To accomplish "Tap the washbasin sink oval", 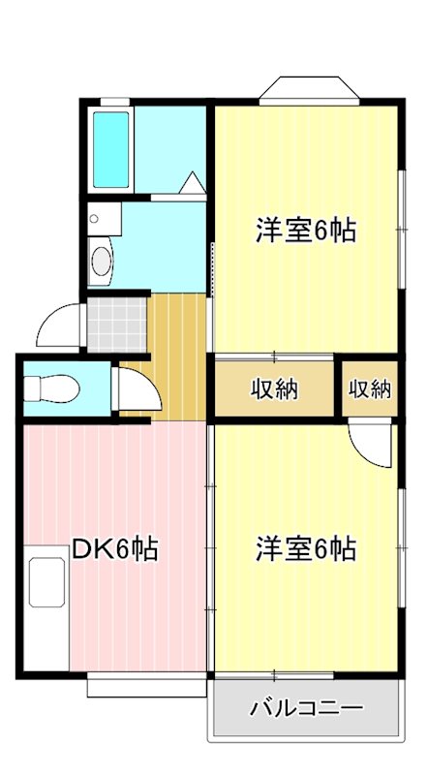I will tap(100, 261).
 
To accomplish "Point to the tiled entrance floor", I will tap(116, 325).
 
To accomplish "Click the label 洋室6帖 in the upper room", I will tap(306, 231).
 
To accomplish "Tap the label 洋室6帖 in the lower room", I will tap(306, 549).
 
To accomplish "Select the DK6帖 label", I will tap(115, 549).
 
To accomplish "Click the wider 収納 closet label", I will tap(275, 389).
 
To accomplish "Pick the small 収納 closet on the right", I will tap(369, 389).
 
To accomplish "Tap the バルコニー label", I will tap(306, 707).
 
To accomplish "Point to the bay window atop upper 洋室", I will tap(309, 88).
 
